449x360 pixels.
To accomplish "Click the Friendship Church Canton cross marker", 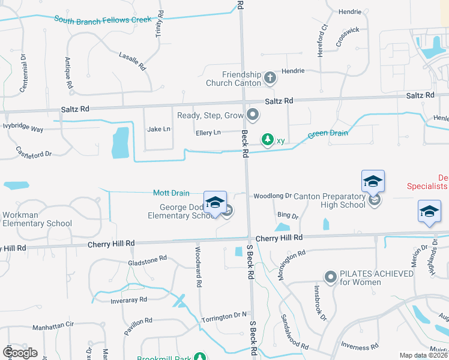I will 270,77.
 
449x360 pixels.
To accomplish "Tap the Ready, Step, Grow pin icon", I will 253,114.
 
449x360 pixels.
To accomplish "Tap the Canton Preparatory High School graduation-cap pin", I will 372,181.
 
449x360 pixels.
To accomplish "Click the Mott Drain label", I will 171,193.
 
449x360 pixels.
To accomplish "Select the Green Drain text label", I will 328,133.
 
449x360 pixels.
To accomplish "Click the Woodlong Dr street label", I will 272,196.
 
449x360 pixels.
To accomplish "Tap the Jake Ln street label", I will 158,129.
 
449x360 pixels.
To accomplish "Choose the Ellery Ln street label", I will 208,132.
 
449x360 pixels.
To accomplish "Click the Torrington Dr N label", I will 224,315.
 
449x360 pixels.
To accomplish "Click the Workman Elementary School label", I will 36,219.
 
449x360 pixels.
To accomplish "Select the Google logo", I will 20,352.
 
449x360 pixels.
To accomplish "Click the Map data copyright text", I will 423,355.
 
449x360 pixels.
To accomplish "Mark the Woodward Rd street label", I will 199,266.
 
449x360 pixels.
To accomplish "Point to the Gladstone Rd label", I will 147,260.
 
